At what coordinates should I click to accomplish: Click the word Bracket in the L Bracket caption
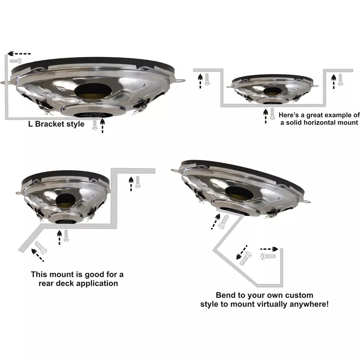pos(49,124)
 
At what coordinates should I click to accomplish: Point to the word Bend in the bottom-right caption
pos(223,295)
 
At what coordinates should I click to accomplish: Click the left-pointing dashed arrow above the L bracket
pos(19,54)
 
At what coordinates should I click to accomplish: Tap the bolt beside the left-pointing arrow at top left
pos(16,61)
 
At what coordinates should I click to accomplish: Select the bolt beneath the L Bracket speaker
pos(94,124)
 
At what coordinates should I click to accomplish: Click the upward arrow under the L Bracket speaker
pos(103,126)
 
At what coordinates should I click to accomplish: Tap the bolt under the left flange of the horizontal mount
pos(207,80)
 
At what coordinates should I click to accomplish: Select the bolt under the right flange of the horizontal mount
pos(340,80)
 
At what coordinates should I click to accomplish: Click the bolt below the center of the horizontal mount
pos(272,114)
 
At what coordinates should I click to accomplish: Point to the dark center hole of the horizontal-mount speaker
pos(272,91)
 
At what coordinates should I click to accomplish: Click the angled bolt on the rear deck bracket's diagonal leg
pos(41,247)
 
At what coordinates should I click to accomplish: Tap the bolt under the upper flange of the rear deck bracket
pos(138,182)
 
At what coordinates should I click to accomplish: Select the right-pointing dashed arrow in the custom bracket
pos(269,249)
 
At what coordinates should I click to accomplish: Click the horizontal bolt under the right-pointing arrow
pos(268,256)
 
